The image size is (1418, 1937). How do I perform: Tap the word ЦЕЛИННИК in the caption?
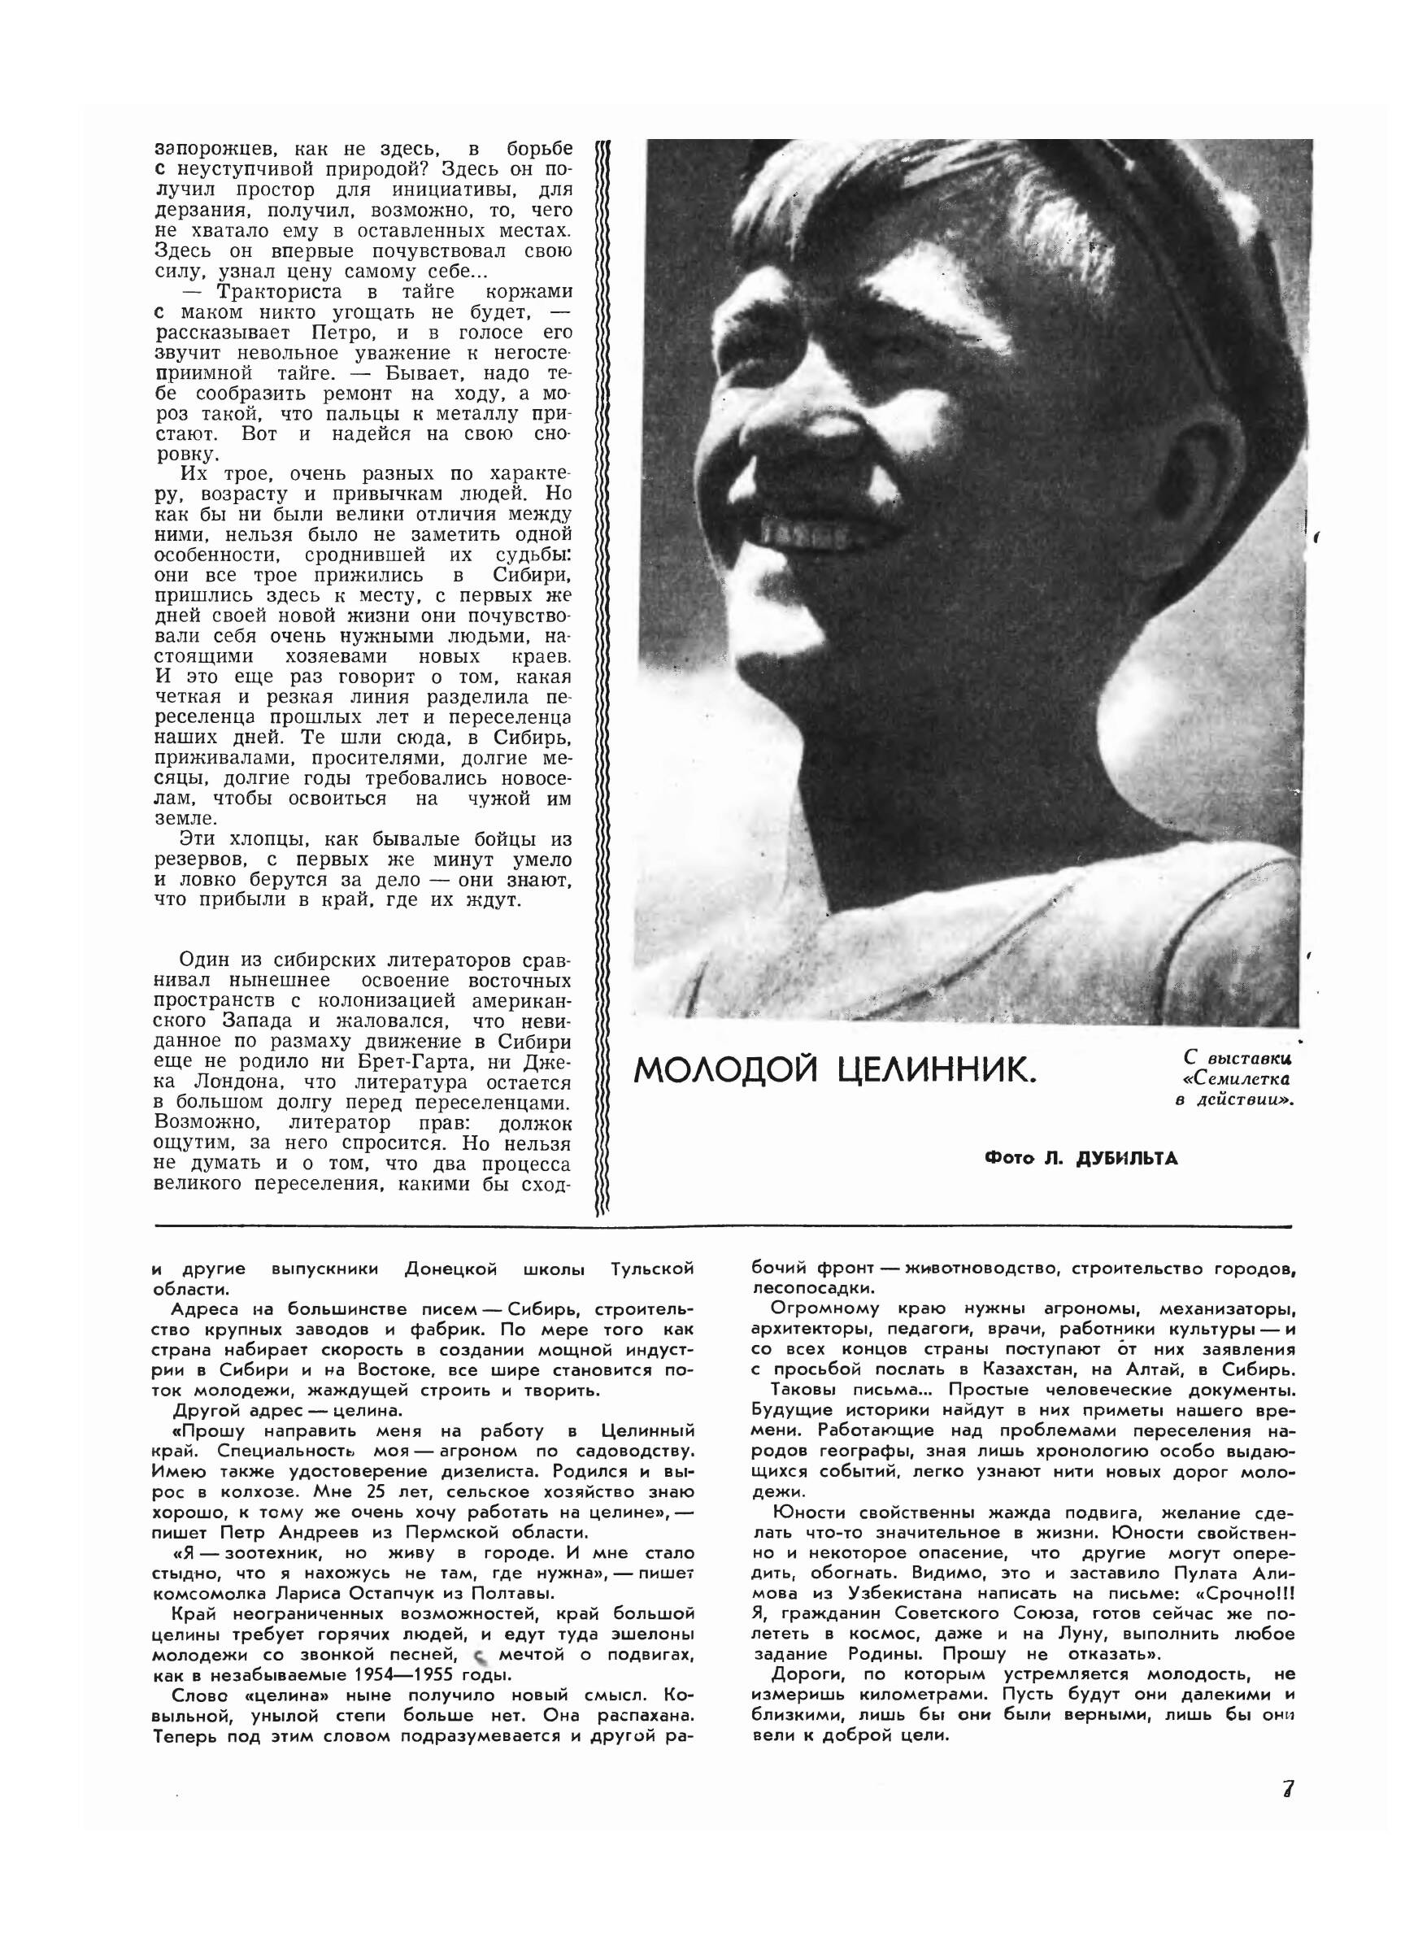point(937,1070)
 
